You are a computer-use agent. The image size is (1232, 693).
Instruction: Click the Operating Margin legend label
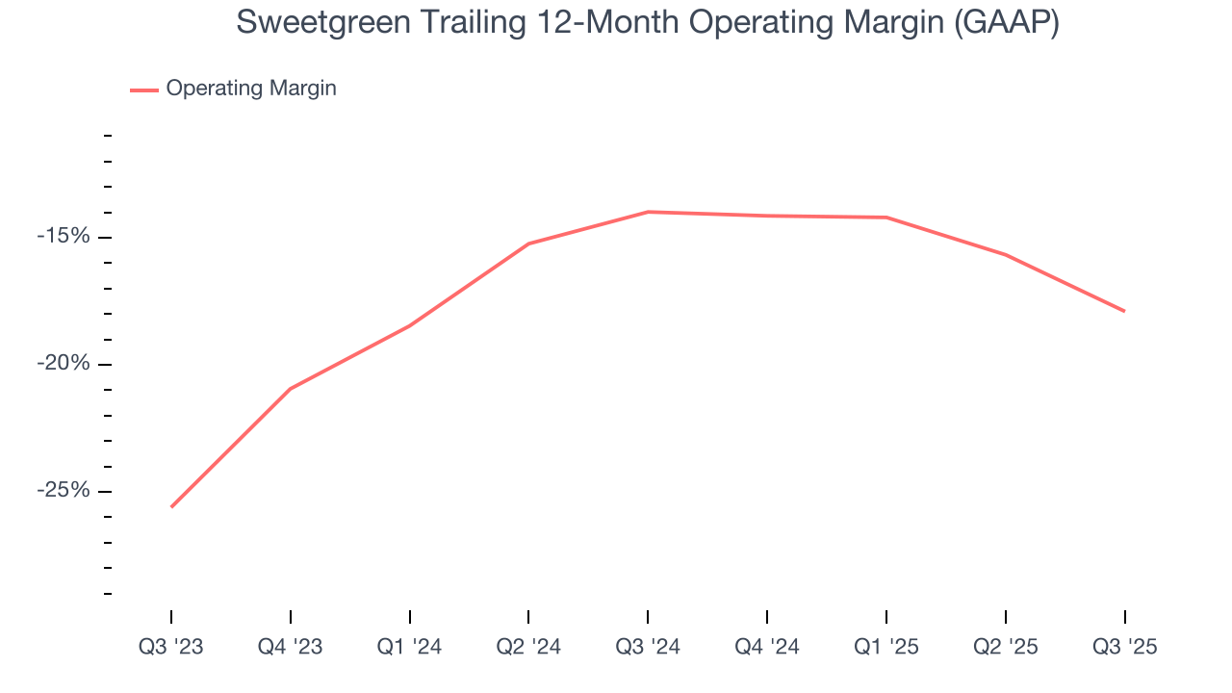click(251, 89)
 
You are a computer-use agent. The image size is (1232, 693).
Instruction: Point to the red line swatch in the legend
click(144, 90)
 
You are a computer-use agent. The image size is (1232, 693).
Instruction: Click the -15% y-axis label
click(63, 237)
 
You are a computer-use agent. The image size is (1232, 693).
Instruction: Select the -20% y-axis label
click(63, 364)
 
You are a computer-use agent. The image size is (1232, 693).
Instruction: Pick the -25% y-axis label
click(63, 491)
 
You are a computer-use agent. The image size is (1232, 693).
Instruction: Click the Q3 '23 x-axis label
click(171, 647)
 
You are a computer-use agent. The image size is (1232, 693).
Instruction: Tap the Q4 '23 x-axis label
click(291, 647)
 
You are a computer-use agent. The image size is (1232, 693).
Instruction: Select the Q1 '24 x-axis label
click(410, 647)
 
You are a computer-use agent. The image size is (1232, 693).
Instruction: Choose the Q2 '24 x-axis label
click(528, 647)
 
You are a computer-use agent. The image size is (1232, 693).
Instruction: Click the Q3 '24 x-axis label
click(648, 647)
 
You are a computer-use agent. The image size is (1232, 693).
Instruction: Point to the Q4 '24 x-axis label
click(767, 647)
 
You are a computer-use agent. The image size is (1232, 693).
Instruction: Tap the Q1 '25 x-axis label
click(886, 647)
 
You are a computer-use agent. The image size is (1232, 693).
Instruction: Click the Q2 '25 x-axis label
click(1006, 647)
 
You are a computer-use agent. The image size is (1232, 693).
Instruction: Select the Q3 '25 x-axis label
click(1124, 647)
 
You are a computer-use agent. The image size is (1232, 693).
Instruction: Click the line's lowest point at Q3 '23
click(171, 506)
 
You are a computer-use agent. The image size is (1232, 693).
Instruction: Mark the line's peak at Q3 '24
click(648, 212)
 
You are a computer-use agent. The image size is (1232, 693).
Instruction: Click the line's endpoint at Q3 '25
click(1124, 311)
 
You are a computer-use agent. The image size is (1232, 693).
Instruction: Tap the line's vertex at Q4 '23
click(291, 388)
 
